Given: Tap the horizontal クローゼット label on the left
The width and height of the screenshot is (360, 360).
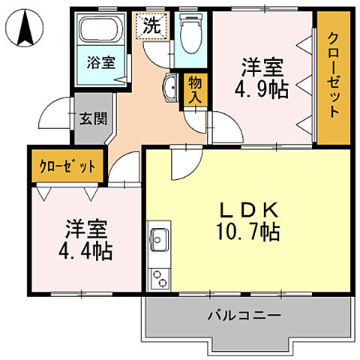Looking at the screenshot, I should tap(67, 166).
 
